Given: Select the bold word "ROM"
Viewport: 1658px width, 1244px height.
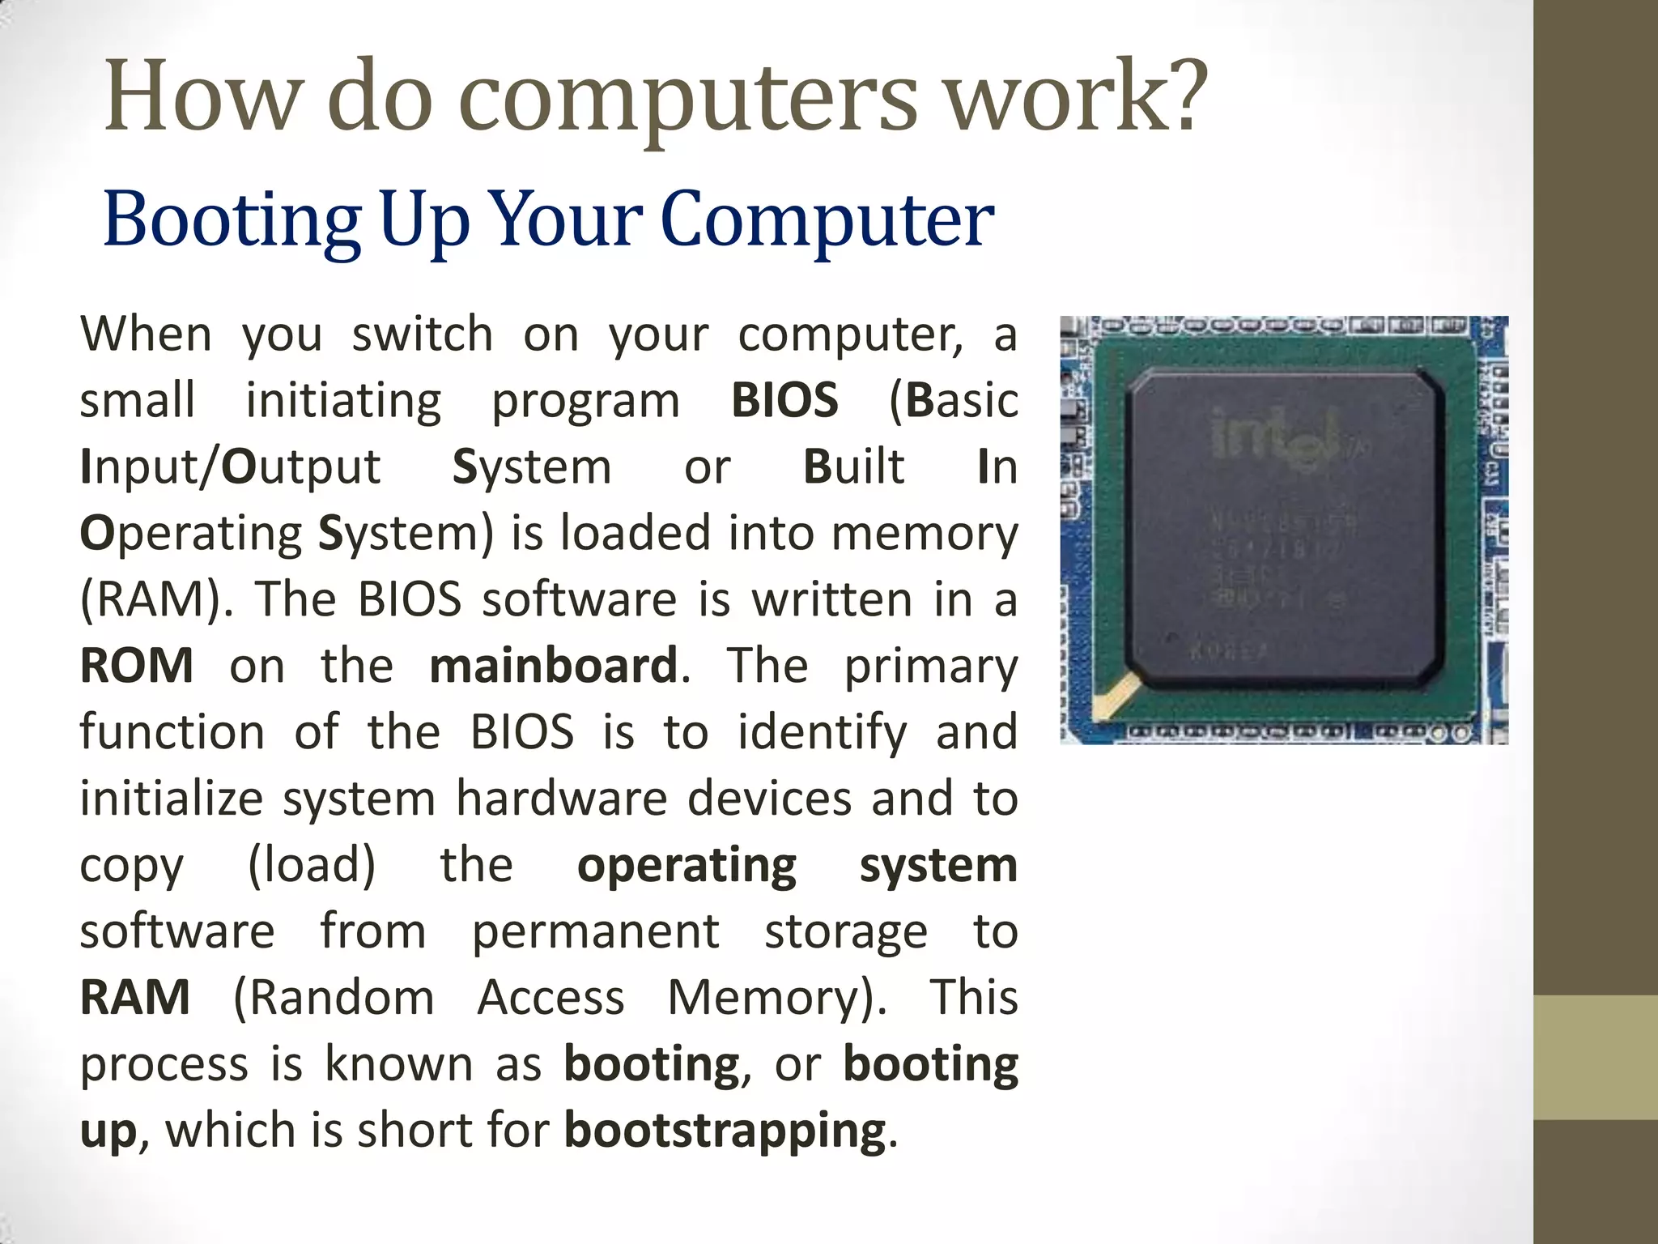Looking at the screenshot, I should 137,666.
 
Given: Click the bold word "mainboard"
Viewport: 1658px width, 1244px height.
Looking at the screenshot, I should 554,666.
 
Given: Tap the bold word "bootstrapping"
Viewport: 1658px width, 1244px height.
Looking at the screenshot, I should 725,1131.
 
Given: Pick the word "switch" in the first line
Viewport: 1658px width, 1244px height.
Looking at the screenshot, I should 423,334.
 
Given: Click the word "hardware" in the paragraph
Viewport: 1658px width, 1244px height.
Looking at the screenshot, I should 562,799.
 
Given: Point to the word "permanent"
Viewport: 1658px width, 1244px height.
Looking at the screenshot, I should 596,931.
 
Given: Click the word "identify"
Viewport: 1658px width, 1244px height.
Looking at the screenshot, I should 823,732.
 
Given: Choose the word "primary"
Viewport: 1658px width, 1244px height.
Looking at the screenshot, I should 931,666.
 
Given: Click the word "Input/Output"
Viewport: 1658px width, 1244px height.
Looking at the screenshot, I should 230,467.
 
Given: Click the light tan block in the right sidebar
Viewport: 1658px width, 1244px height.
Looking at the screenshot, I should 1596,1057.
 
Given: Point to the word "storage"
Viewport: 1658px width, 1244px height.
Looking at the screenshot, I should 846,931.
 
